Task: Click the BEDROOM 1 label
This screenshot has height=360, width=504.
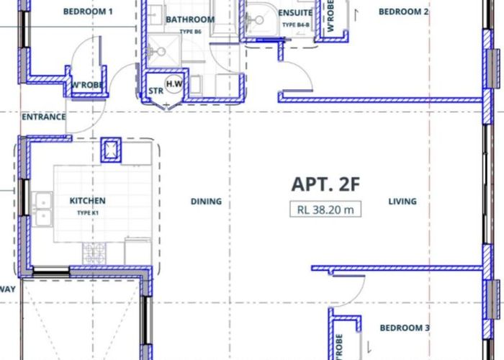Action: [88, 12]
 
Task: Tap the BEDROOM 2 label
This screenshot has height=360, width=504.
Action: [403, 12]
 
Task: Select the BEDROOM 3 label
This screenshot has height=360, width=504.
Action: [405, 328]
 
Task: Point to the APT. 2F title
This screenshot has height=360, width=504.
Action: [325, 184]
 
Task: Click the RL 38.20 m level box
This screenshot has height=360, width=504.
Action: [325, 210]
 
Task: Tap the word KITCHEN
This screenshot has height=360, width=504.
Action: [87, 201]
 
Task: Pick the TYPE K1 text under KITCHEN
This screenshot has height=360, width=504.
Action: [87, 213]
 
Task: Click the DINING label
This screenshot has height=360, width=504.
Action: [206, 202]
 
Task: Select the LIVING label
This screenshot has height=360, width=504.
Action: [402, 202]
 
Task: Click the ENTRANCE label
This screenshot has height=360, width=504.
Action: [44, 117]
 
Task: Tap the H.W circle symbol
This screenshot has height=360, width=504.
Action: [174, 84]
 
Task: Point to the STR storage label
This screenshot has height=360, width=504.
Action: [156, 91]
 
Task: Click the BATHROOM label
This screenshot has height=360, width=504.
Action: [190, 19]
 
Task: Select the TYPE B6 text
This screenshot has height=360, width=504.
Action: [190, 32]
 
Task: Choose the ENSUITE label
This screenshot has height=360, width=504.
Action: [295, 13]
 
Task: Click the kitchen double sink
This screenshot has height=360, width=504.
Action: [42, 210]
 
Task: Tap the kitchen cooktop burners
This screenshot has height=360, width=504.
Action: [94, 253]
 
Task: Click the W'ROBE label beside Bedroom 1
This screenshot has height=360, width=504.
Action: [87, 85]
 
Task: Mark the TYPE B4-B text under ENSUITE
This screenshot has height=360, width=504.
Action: [296, 24]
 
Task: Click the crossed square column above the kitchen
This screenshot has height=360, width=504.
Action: [111, 150]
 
